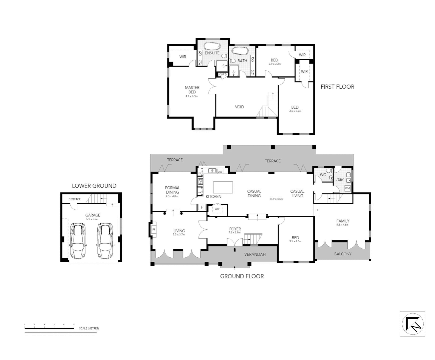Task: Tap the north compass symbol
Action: (413, 324)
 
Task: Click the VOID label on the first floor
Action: (240, 107)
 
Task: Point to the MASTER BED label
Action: (192, 90)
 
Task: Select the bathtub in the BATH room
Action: (240, 51)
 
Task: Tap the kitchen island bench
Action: (223, 187)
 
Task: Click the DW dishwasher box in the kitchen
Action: (220, 172)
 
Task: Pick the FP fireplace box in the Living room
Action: (154, 230)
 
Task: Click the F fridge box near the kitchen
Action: (201, 207)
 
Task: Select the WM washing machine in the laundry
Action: (347, 188)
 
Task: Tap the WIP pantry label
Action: (217, 209)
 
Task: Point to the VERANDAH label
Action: (255, 254)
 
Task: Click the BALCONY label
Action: (343, 254)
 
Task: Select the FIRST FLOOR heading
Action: (337, 87)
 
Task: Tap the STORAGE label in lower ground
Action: (75, 199)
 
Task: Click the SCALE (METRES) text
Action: (89, 328)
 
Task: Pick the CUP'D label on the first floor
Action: (223, 74)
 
